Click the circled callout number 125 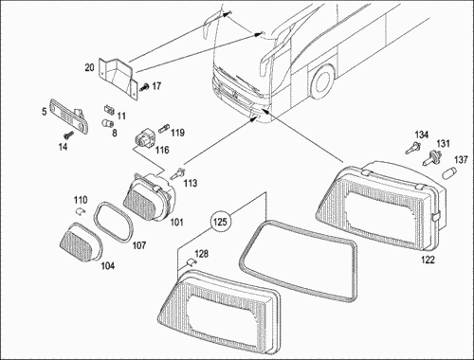pyautogui.click(x=220, y=222)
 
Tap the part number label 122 pyautogui.click(x=428, y=260)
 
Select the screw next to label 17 pyautogui.click(x=144, y=86)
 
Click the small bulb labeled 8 pyautogui.click(x=107, y=124)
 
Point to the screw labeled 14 pyautogui.click(x=68, y=135)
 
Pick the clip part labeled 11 pyautogui.click(x=109, y=110)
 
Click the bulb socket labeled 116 pyautogui.click(x=144, y=139)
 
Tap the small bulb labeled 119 pyautogui.click(x=164, y=129)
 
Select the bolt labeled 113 pyautogui.click(x=178, y=173)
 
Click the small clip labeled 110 pyautogui.click(x=81, y=211)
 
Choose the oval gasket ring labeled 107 pyautogui.click(x=114, y=221)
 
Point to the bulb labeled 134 pyautogui.click(x=413, y=148)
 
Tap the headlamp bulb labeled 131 pyautogui.click(x=430, y=158)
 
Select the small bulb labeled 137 pyautogui.click(x=449, y=173)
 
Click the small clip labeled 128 pyautogui.click(x=191, y=262)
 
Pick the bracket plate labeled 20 pyautogui.click(x=118, y=78)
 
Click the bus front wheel pyautogui.click(x=321, y=81)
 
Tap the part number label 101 pyautogui.click(x=176, y=222)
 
